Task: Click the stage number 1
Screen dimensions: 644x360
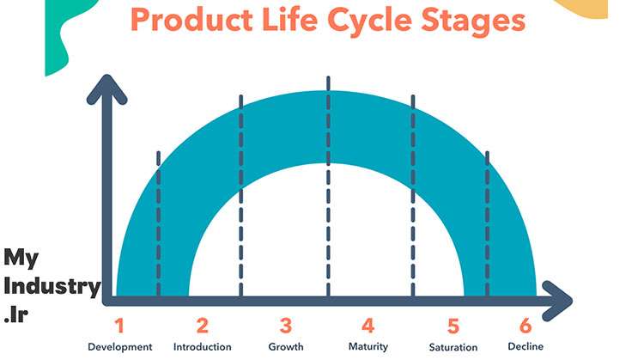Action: [x=119, y=326]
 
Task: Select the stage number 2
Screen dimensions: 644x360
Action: [x=202, y=326]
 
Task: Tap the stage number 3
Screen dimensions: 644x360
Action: [x=286, y=326]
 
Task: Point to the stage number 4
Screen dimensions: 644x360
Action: [x=368, y=326]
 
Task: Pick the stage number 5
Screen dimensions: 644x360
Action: [x=453, y=326]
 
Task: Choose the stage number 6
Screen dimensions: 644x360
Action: [x=526, y=326]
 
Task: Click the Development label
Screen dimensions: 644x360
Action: [x=120, y=347]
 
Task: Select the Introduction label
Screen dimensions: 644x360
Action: [x=202, y=347]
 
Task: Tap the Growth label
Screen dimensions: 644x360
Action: [x=286, y=347]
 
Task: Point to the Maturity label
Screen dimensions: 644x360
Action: [x=368, y=347]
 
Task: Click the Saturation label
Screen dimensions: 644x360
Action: [x=453, y=347]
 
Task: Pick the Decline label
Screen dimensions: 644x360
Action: [x=526, y=346]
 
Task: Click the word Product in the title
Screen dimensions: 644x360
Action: [x=191, y=20]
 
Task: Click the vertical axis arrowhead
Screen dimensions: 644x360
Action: [x=106, y=88]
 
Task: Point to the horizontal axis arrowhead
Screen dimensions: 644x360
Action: [x=557, y=301]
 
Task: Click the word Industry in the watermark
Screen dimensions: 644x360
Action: [x=52, y=287]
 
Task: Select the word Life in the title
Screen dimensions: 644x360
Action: [x=289, y=20]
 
